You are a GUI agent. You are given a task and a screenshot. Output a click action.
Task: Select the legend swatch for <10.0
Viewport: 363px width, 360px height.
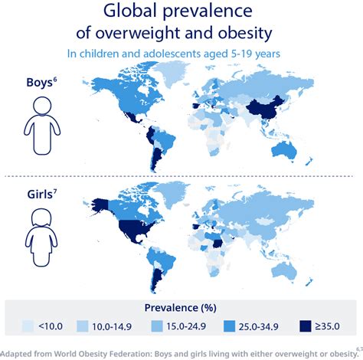(28, 324)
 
